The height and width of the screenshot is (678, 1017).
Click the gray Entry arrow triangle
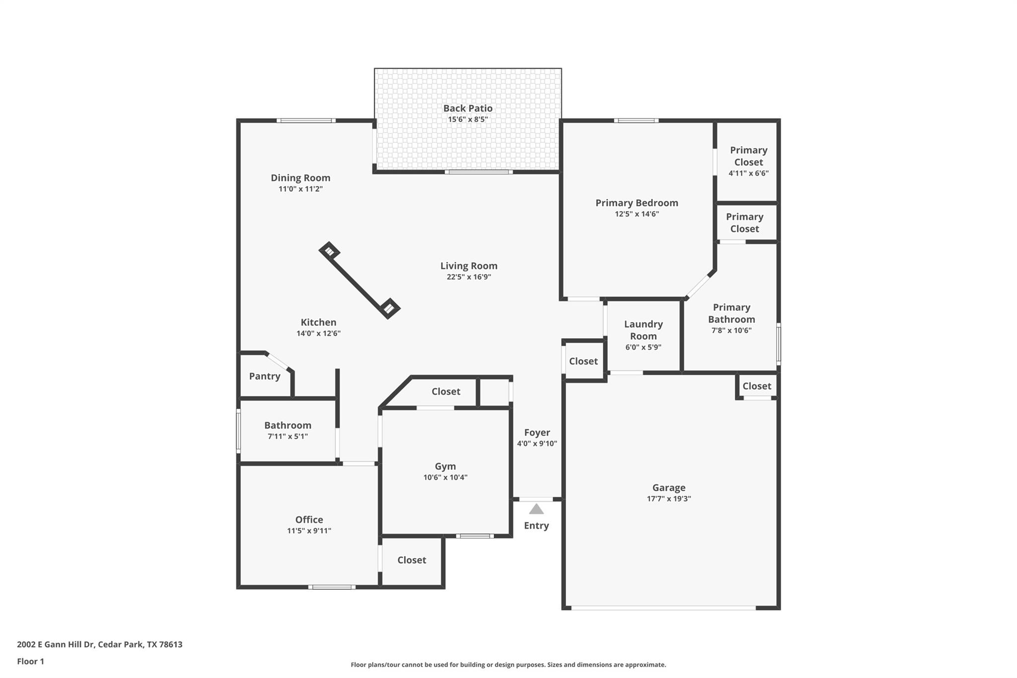(536, 510)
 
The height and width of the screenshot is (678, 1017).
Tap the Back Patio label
(468, 108)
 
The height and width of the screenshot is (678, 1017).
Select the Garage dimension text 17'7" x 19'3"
(668, 499)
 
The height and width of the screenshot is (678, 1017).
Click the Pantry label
(265, 376)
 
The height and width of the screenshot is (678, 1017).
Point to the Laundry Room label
(643, 330)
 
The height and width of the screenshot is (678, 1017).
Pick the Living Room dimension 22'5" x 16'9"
(468, 277)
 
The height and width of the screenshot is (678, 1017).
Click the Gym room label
(445, 466)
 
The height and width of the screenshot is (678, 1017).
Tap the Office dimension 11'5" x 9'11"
(309, 530)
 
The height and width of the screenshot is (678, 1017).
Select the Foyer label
(537, 433)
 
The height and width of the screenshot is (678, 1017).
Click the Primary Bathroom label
(731, 313)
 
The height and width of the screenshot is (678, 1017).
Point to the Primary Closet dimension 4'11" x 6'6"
(748, 173)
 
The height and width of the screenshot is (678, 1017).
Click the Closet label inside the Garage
(757, 386)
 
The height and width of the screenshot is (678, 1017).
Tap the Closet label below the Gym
(412, 560)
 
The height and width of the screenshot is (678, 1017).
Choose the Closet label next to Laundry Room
(583, 361)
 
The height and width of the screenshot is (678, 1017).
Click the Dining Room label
(300, 178)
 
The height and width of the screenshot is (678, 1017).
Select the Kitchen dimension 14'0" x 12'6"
(318, 334)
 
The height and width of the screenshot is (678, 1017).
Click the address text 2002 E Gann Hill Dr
(99, 644)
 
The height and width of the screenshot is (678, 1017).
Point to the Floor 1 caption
(30, 661)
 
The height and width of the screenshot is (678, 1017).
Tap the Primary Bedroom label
(637, 203)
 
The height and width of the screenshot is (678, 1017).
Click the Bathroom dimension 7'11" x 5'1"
(288, 437)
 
